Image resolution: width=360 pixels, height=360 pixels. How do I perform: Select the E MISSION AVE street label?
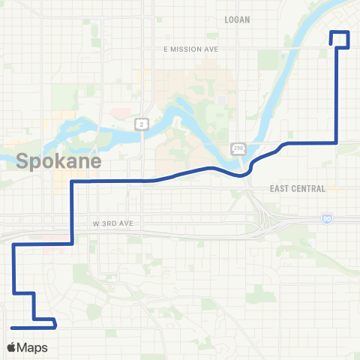(x=190, y=49)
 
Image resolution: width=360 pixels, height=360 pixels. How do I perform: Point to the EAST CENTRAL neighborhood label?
(x=298, y=189)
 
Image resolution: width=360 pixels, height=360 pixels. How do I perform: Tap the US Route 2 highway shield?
(x=139, y=123)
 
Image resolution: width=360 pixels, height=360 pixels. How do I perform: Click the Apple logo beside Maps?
(x=11, y=348)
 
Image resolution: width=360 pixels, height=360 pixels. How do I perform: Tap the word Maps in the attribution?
(x=33, y=348)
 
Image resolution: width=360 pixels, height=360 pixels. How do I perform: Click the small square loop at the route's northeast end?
(x=341, y=39)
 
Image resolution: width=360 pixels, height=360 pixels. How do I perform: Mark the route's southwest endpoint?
(x=13, y=328)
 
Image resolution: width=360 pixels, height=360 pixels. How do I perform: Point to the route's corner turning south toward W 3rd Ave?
(x=71, y=181)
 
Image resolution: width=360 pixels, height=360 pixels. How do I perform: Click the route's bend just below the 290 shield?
(x=243, y=175)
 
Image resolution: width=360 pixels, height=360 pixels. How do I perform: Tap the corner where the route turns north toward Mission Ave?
(x=336, y=142)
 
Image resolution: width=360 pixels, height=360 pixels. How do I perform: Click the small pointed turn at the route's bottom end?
(x=56, y=324)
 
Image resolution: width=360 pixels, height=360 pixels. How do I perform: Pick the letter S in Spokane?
(x=22, y=160)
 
